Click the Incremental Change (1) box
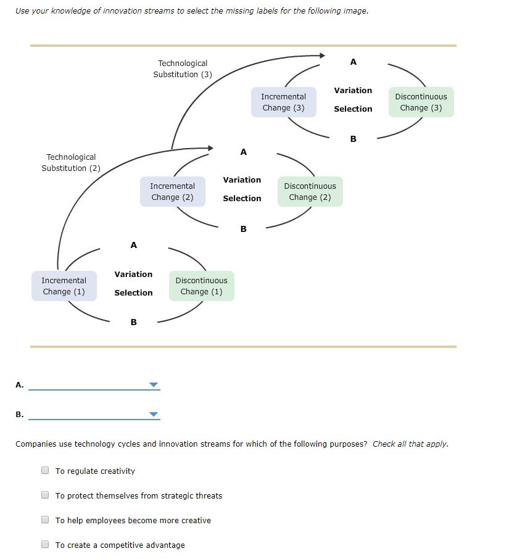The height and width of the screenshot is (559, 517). pos(64,286)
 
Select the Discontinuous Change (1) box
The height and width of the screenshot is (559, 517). pos(201,286)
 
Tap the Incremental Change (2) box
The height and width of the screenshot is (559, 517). pos(172,192)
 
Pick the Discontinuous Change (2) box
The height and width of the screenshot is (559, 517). pos(310,192)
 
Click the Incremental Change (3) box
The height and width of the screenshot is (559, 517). pos(283,102)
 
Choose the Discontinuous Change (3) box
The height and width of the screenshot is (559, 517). pos(421,102)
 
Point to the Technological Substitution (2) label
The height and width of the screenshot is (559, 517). pos(71,163)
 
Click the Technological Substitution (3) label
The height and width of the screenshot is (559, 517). pos(183,69)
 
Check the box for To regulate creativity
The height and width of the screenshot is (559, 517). pos(45,470)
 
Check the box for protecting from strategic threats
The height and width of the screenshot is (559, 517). pos(45,495)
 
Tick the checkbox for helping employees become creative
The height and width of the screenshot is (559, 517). pos(45,520)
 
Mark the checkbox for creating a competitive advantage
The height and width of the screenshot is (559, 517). pos(45,544)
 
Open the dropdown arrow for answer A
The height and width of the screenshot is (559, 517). pos(154,385)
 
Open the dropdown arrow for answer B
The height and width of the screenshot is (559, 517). pos(154,415)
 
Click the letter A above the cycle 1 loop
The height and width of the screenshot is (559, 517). pos(134,246)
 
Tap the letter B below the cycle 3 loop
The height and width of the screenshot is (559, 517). pos(353,139)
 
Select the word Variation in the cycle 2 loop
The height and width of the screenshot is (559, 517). pos(242,180)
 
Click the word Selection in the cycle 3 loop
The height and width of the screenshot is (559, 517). pos(353,109)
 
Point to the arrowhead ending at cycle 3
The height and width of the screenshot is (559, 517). pos(321,56)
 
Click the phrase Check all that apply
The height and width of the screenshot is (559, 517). pos(410,444)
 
